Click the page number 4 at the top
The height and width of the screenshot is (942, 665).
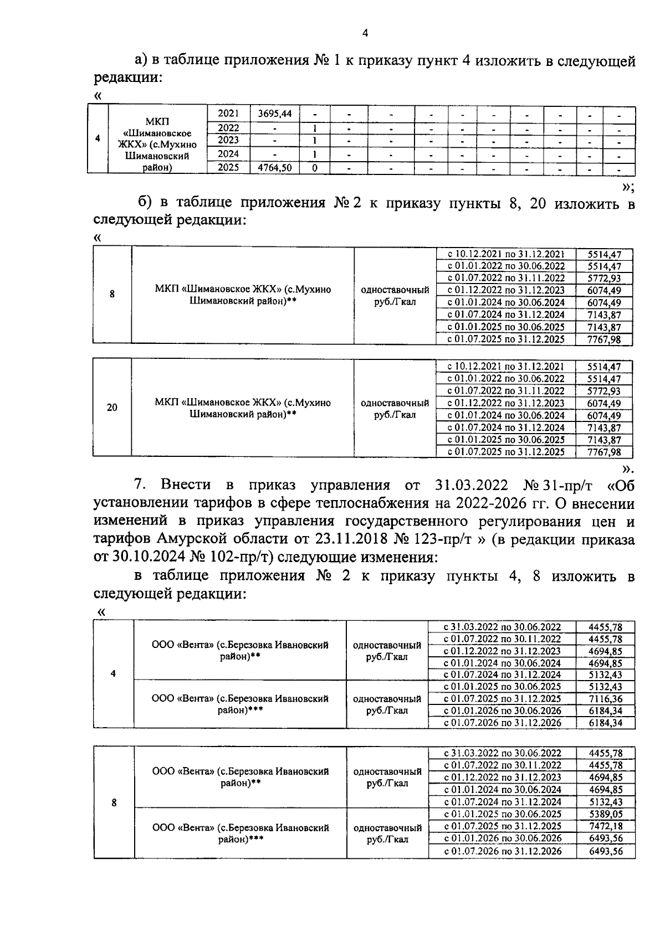(x=365, y=33)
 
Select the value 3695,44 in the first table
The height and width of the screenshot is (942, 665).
(x=274, y=114)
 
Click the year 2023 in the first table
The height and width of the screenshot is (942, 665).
(x=228, y=140)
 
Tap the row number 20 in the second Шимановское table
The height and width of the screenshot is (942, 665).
(x=112, y=408)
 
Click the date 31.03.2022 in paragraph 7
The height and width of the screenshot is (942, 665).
(x=469, y=486)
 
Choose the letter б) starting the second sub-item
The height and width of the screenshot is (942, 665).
(x=146, y=203)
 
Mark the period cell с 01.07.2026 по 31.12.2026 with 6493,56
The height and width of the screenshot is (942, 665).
(x=503, y=851)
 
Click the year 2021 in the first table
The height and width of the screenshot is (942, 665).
(x=228, y=114)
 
